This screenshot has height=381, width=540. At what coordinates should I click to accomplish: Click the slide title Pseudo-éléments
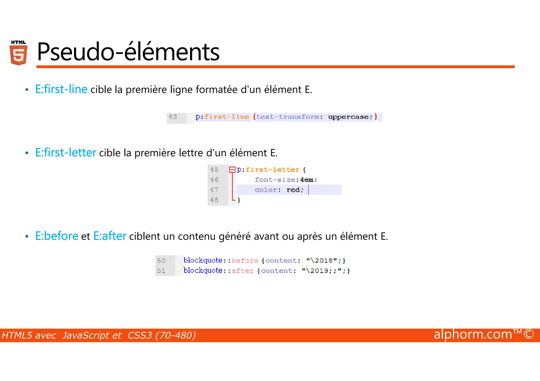(128, 52)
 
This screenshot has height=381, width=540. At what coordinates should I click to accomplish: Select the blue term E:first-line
(61, 89)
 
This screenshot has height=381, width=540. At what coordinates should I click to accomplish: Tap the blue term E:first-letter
(66, 152)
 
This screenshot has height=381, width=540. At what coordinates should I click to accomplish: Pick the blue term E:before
(57, 236)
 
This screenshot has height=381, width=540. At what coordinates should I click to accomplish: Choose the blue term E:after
(110, 236)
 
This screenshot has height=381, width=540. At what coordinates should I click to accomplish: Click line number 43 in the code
(173, 117)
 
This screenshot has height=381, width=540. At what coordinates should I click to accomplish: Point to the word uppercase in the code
(348, 117)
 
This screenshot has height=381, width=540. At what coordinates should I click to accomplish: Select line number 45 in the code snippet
(214, 170)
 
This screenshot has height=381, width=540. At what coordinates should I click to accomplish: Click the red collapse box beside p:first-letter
(232, 170)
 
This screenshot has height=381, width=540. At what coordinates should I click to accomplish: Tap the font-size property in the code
(275, 180)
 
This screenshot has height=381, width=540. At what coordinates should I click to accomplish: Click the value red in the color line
(293, 190)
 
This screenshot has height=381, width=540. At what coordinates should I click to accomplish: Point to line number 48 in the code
(214, 200)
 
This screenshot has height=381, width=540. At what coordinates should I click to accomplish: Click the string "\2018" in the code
(322, 261)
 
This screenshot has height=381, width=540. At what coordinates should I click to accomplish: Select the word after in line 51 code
(242, 271)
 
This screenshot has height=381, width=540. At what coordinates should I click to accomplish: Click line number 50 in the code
(161, 261)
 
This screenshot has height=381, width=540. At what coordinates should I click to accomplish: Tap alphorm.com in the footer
(473, 334)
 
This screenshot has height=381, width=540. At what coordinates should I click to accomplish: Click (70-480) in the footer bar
(176, 335)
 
